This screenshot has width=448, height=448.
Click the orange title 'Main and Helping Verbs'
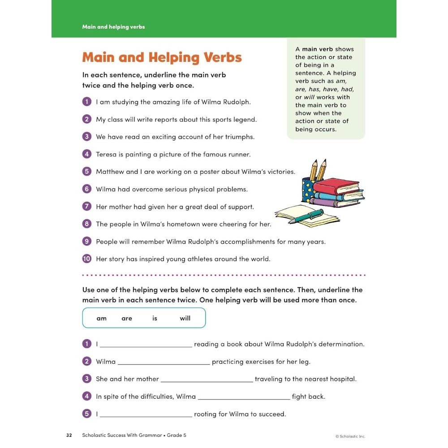click(x=162, y=57)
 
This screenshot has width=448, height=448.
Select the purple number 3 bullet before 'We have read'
click(x=87, y=137)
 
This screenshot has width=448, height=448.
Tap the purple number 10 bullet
click(x=87, y=258)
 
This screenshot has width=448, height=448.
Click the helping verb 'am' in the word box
click(x=102, y=319)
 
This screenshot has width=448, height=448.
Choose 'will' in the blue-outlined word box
click(x=185, y=319)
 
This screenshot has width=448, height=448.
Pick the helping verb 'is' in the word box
click(x=155, y=319)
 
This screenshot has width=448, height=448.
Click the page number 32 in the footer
click(x=69, y=435)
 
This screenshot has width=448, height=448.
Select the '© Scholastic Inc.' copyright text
click(x=350, y=436)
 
